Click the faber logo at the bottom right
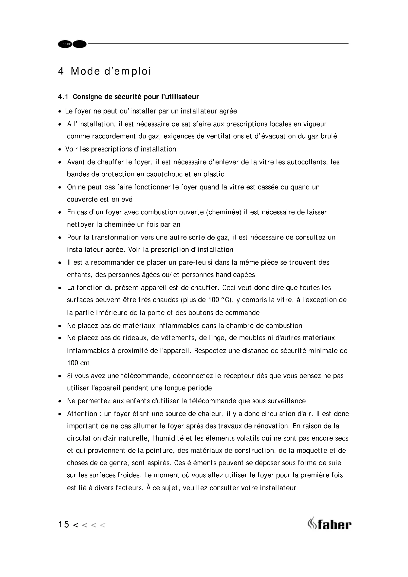point(329,524)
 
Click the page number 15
point(64,524)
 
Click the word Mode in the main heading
point(85,71)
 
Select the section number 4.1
point(63,97)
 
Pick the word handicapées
point(235,275)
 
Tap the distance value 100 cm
point(78,363)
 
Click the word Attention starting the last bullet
point(82,414)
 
